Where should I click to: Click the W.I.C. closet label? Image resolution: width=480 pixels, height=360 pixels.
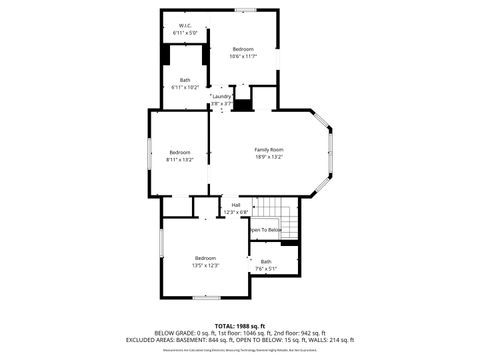pos(185,26)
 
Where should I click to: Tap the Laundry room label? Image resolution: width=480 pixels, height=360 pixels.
pos(222,96)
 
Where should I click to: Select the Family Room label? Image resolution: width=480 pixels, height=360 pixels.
pos(269,149)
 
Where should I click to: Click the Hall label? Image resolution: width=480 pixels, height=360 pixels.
pos(236,205)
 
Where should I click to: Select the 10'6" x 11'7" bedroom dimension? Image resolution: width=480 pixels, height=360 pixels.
pos(243,56)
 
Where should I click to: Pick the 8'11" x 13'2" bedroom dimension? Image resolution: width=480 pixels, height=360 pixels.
pos(179,159)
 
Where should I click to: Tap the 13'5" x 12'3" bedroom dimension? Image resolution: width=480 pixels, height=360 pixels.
pos(206,265)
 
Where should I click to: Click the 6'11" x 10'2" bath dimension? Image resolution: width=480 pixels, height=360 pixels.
pos(185,87)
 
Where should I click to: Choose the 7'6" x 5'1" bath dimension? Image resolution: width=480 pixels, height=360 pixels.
pos(266,268)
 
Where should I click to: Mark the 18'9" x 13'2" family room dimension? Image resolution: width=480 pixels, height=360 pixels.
pos(269,156)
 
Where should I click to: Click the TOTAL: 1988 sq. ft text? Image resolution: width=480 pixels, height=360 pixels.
pos(239,326)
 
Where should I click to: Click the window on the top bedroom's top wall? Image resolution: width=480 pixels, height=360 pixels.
pos(244,10)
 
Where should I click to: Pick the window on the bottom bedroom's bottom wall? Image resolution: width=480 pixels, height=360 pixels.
pos(206,297)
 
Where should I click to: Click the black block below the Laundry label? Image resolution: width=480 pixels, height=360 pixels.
pos(241,104)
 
